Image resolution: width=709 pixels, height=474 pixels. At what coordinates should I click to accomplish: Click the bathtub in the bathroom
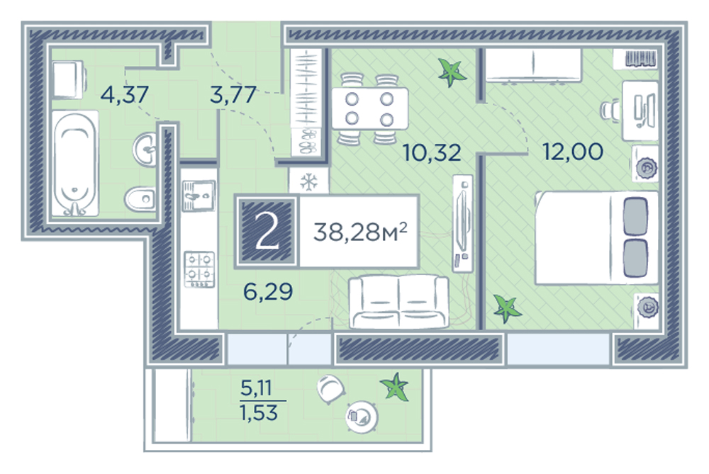75,164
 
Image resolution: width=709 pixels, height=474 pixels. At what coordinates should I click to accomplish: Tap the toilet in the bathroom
140,198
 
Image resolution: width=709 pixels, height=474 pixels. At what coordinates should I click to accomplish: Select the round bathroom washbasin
145,148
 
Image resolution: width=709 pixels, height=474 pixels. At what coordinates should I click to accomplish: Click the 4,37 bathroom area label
124,95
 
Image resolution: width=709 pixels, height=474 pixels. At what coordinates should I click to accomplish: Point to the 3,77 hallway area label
233,95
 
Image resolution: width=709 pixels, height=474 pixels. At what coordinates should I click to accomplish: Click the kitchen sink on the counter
199,196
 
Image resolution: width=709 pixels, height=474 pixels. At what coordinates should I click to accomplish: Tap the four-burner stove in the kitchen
199,269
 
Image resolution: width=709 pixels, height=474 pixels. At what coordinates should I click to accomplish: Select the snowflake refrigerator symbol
309,182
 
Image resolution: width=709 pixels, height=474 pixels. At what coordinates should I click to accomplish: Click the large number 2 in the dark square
267,232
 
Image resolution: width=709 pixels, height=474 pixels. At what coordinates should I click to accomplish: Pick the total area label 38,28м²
360,232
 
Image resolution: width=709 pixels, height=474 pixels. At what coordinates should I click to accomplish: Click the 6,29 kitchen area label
268,292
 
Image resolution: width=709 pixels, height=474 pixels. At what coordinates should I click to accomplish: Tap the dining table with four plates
370,109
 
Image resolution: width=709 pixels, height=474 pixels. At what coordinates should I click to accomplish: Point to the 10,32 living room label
432,152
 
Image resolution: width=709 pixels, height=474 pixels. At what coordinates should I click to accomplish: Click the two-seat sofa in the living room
398,301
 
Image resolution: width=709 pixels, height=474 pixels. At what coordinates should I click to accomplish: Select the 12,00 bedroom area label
572,152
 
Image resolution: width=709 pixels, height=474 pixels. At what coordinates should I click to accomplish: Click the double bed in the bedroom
596,237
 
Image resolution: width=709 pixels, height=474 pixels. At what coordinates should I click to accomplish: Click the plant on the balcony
396,387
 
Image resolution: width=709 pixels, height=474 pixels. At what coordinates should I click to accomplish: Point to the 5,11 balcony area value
256,388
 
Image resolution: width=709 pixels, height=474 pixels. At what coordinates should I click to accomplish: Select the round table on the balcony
362,416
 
